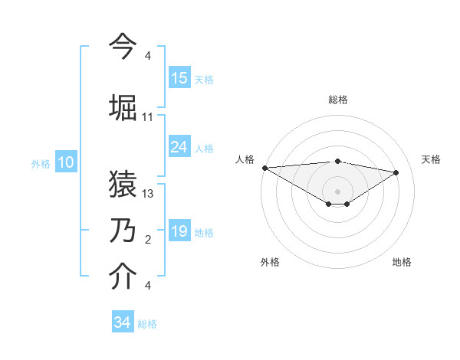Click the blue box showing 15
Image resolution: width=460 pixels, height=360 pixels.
pos(179,78)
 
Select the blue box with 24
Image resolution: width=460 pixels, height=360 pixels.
pos(179,147)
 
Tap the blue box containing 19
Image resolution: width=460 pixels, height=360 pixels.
pos(179,231)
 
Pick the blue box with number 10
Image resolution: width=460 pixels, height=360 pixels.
pos(66,162)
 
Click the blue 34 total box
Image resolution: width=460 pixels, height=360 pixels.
pos(123,322)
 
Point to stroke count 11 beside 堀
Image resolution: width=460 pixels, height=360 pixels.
pos(148,117)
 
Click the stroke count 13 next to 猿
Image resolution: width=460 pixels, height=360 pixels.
pos(148,194)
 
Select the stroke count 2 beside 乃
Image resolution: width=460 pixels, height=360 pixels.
pos(148,240)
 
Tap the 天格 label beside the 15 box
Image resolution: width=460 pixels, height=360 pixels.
pos(204,80)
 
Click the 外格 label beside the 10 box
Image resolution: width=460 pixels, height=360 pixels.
pos(41,163)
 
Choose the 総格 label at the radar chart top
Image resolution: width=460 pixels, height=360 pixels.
pos(338,100)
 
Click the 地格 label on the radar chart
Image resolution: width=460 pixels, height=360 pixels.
pos(402,262)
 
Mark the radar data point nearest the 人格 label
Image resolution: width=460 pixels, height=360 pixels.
pos(264,168)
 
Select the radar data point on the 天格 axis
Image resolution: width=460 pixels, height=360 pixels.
pos(396,172)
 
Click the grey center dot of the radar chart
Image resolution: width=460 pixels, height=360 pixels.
pos(337,190)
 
